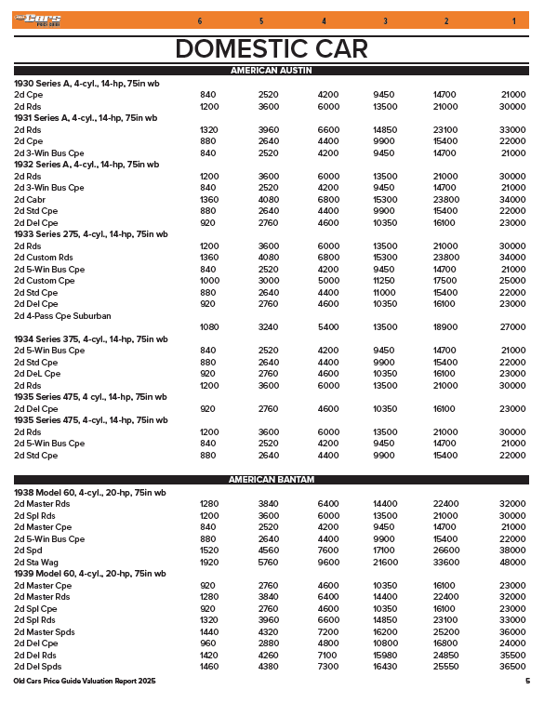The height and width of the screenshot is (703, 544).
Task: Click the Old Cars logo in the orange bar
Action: tap(42, 20)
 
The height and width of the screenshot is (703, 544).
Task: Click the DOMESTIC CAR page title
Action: tap(272, 48)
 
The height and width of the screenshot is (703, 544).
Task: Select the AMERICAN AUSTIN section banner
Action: tap(272, 71)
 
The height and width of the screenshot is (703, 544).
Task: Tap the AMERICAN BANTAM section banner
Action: tap(272, 480)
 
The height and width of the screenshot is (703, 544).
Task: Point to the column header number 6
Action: tap(200, 20)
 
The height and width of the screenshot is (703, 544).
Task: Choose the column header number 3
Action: tap(385, 20)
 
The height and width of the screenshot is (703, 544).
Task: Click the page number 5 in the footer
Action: tap(526, 683)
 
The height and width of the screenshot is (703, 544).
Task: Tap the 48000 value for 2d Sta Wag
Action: tap(512, 563)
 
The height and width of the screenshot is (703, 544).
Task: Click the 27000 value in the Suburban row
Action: tap(512, 327)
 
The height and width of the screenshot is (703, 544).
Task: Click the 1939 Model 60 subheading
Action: tap(89, 574)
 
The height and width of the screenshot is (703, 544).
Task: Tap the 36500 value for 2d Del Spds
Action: tap(512, 667)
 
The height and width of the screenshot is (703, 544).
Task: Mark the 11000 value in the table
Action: tap(384, 293)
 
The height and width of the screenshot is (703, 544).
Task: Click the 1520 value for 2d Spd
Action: tap(208, 550)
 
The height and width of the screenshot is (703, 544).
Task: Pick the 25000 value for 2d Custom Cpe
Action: tap(512, 281)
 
